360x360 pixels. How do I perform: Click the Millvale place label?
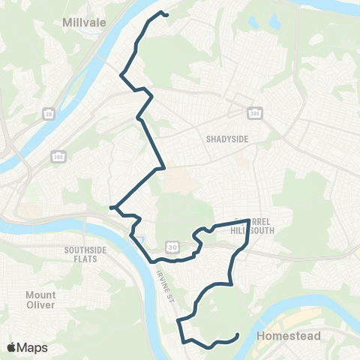pos(87,22)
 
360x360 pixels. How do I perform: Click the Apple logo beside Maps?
pos(12,347)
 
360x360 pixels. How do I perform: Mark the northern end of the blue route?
pos(166,14)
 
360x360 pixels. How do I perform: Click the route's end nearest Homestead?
pos(238,335)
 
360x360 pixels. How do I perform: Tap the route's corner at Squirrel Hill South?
pos(249,220)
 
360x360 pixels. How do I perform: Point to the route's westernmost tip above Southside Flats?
pos(111,208)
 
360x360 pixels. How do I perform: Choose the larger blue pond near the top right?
pos(274,23)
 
